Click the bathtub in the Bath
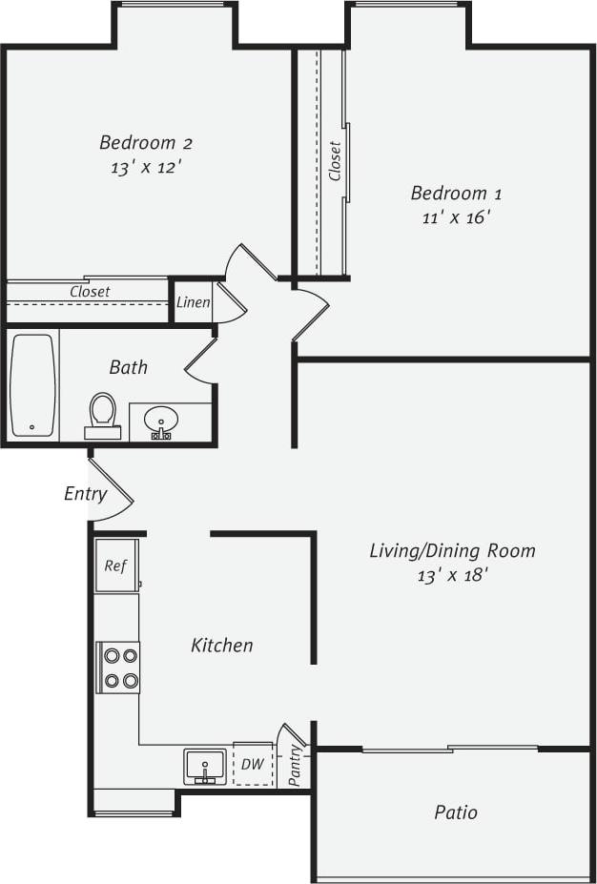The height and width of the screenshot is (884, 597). (x=33, y=384)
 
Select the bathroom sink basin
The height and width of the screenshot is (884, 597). (x=162, y=420)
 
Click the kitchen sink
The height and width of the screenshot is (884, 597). (x=205, y=765)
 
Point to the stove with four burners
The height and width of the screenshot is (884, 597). (x=119, y=668)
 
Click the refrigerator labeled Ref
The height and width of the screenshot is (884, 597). (x=115, y=565)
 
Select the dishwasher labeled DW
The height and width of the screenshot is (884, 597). (x=253, y=764)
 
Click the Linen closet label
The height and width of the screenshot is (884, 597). (x=193, y=302)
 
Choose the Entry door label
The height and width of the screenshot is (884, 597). (x=85, y=493)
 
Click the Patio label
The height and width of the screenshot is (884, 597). (x=455, y=812)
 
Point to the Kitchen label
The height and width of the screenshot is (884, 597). (x=222, y=646)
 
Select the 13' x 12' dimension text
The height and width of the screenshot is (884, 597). (x=145, y=167)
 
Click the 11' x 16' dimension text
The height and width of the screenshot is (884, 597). (x=455, y=217)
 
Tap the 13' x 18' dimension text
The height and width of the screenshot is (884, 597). (x=451, y=575)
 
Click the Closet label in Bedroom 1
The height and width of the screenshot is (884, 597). (x=335, y=161)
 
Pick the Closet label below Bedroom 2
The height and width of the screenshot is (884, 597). (x=90, y=292)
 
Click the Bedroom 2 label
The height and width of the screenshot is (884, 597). (x=146, y=143)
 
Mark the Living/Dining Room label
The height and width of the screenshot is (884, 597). (x=452, y=550)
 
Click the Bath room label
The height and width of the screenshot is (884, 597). (x=128, y=367)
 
